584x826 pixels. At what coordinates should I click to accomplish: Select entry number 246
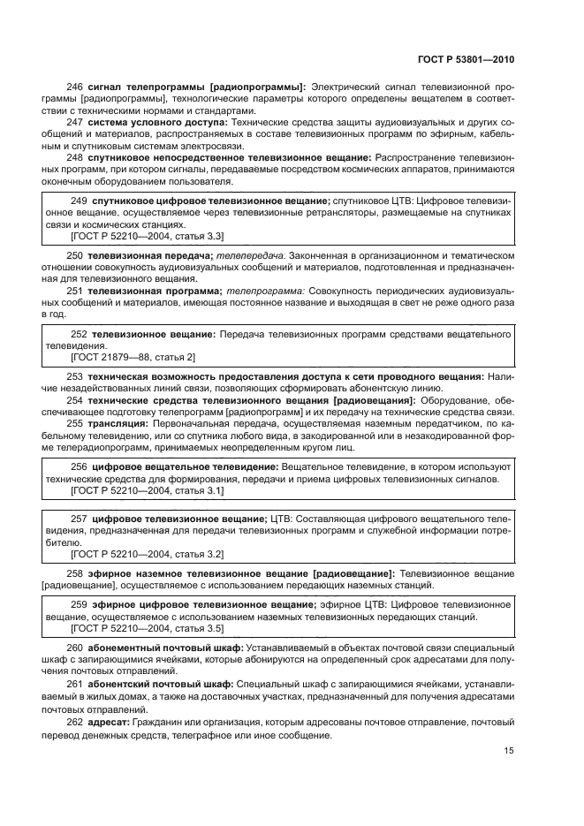click(75, 87)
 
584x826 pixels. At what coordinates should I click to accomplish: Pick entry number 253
click(75, 376)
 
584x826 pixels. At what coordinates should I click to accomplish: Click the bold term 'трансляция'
click(118, 423)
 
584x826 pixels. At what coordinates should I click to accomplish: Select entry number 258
click(75, 573)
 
